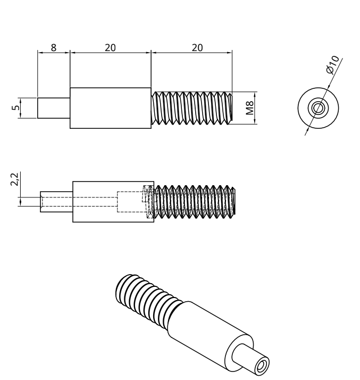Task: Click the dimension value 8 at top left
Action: pos(53,47)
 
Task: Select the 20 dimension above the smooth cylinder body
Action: pos(110,47)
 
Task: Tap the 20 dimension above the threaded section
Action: pos(197,47)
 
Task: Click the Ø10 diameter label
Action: pos(333,63)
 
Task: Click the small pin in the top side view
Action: pos(54,108)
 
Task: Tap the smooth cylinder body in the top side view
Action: pos(111,108)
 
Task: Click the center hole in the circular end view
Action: pos(318,108)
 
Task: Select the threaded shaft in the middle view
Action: pos(194,202)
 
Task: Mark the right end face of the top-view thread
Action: pos(232,108)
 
